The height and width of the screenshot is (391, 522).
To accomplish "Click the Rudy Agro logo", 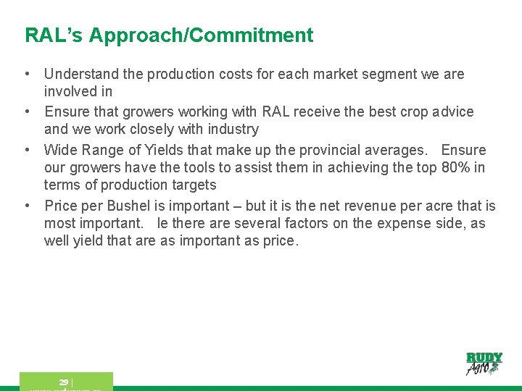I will (484, 363).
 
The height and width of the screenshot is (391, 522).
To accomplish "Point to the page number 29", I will (64, 382).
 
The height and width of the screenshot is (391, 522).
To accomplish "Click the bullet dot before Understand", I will (26, 74).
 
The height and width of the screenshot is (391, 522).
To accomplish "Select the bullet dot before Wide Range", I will (26, 150).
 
